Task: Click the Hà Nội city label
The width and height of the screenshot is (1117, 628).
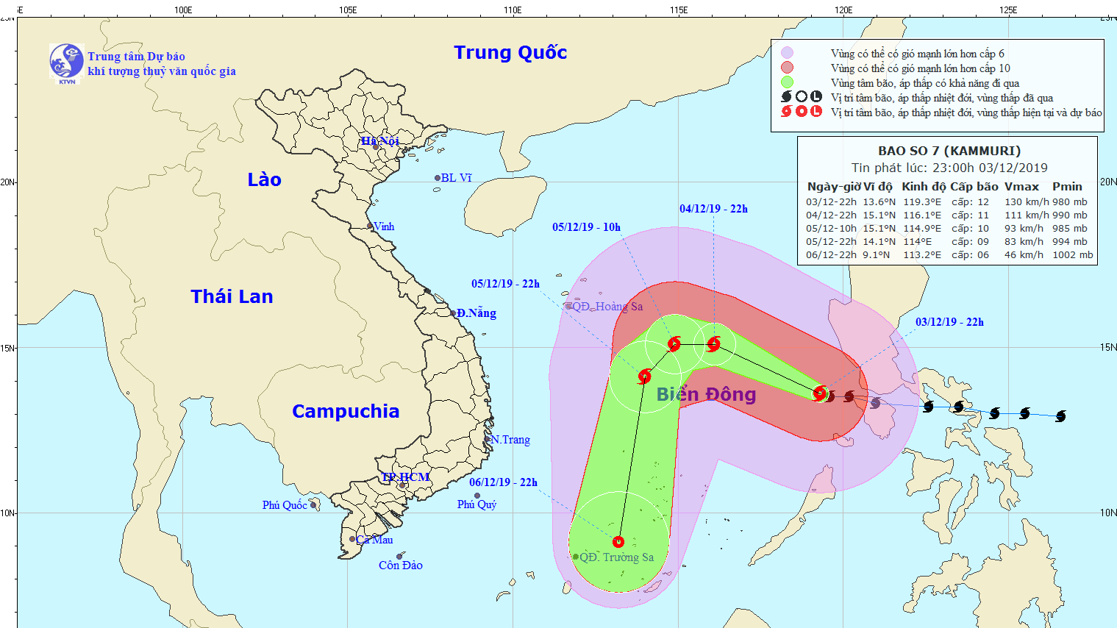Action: [379, 140]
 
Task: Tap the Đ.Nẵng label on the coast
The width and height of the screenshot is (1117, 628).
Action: [476, 313]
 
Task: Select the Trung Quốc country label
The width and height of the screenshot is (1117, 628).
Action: [510, 53]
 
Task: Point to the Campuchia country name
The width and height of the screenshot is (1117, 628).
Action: [346, 411]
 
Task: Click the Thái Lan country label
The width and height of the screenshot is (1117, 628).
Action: [232, 296]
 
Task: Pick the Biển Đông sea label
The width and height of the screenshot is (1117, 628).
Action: [706, 395]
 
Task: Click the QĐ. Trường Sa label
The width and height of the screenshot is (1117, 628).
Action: [616, 557]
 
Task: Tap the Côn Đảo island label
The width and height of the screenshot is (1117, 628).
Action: [401, 565]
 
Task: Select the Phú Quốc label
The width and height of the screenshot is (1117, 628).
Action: [285, 505]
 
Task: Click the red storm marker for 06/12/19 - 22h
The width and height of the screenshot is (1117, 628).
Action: [618, 542]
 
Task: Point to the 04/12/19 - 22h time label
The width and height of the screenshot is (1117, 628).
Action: [713, 209]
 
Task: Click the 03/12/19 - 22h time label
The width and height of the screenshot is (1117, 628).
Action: [949, 322]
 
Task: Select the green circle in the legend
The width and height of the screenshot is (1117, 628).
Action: [788, 82]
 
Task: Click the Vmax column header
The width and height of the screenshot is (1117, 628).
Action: [1021, 187]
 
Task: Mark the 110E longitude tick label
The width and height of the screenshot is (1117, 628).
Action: [513, 10]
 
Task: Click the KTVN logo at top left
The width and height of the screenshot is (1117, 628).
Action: [66, 62]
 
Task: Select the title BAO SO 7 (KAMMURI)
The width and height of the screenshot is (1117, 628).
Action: [949, 151]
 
